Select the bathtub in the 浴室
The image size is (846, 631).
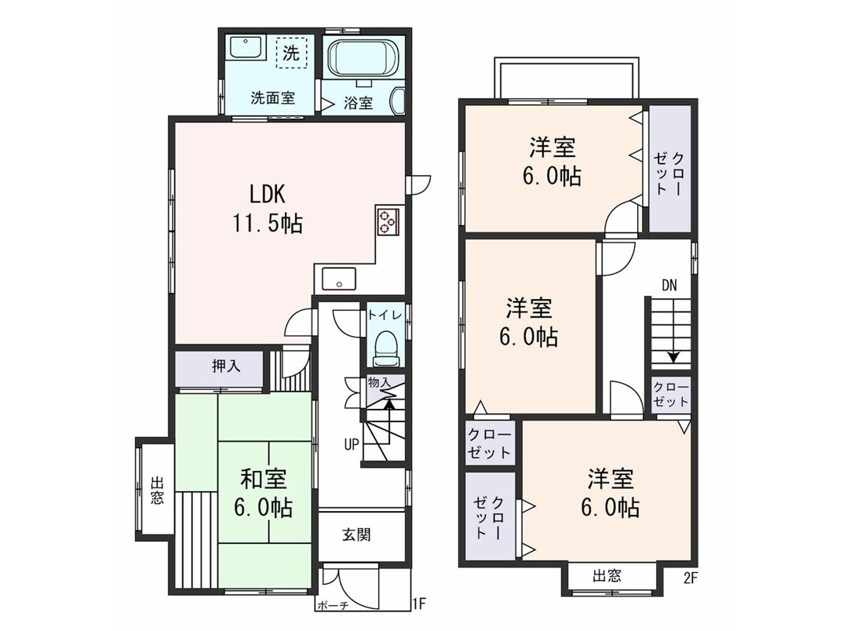(x=363, y=58)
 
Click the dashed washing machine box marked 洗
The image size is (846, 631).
(x=291, y=53)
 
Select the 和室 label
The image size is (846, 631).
(x=264, y=478)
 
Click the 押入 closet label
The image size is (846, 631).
(x=226, y=367)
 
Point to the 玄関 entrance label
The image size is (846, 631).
(x=356, y=535)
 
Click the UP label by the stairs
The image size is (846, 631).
(x=352, y=445)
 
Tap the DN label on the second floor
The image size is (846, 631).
(x=669, y=286)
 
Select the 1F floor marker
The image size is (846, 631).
(x=419, y=603)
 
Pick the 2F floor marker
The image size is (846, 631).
(x=691, y=578)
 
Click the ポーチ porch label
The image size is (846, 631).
(x=333, y=605)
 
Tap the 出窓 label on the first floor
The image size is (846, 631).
(x=157, y=490)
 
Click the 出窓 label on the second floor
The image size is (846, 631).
(x=607, y=576)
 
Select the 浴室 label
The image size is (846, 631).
(x=358, y=103)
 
